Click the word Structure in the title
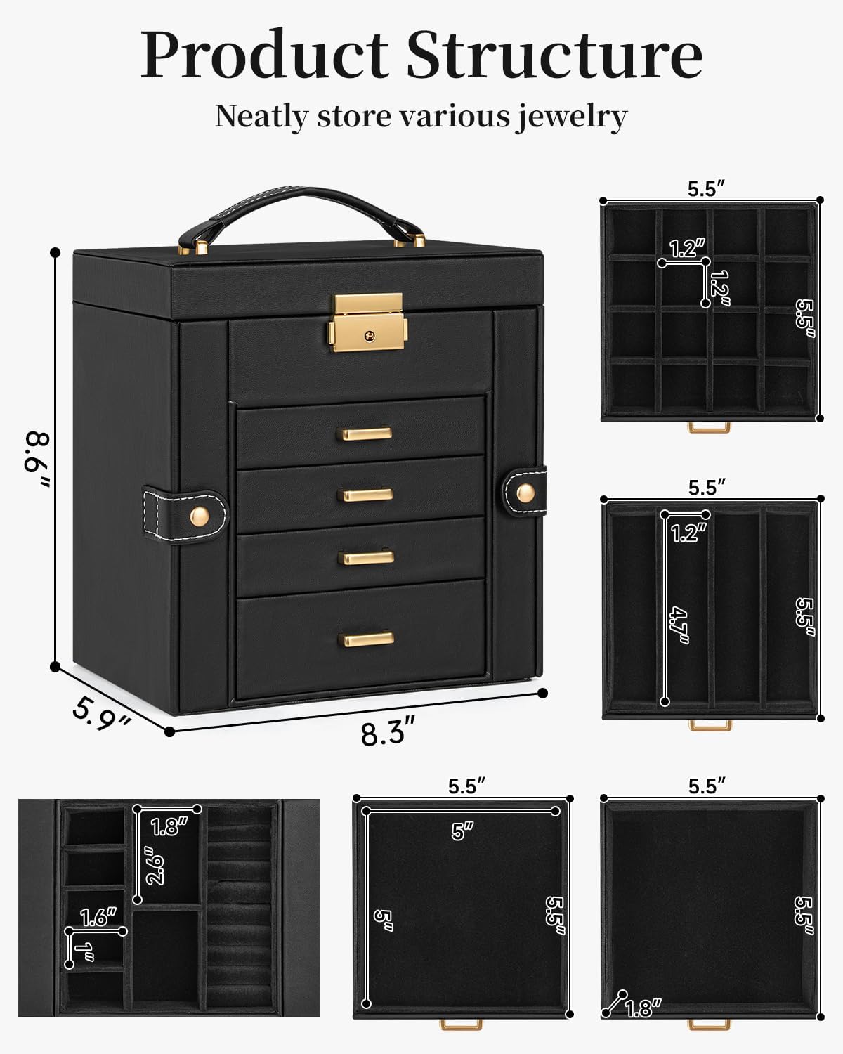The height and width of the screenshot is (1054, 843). click(554, 54)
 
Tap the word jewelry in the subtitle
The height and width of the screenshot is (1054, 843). click(570, 117)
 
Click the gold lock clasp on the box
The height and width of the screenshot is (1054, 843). click(367, 323)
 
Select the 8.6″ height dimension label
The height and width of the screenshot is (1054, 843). click(37, 460)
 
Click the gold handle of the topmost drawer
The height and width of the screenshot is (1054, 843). click(367, 433)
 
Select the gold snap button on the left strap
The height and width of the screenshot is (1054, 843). click(200, 515)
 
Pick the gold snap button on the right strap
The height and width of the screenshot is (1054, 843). click(525, 493)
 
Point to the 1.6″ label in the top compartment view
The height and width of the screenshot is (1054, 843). click(98, 918)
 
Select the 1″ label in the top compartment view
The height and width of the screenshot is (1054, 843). click(84, 952)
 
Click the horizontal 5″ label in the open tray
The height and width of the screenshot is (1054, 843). click(462, 831)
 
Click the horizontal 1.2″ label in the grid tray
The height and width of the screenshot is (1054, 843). click(688, 248)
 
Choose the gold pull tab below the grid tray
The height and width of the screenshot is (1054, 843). click(709, 427)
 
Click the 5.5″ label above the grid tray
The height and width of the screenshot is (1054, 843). click(706, 189)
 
